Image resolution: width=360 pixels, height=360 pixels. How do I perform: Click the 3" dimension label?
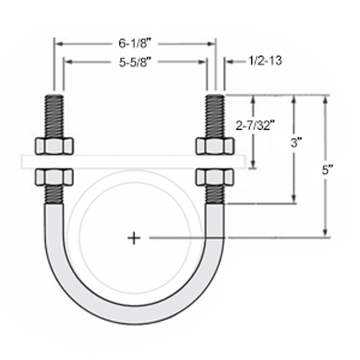pyautogui.click(x=294, y=143)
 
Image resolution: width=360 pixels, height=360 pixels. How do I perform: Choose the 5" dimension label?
pyautogui.click(x=328, y=171)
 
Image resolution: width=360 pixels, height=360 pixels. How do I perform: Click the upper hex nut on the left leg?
pyautogui.click(x=55, y=145)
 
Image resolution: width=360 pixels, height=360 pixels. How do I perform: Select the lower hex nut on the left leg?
pyautogui.click(x=55, y=177)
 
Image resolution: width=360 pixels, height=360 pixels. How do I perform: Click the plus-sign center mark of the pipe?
pyautogui.click(x=134, y=237)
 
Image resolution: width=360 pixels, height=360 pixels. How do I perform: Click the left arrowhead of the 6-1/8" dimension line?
pyautogui.click(x=57, y=43)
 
